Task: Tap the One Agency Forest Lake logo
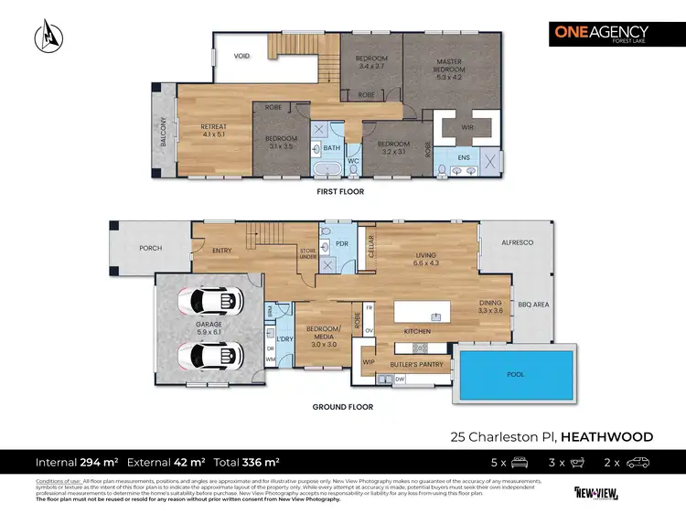click(x=598, y=37)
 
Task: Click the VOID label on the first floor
click(x=241, y=57)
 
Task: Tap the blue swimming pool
click(x=517, y=374)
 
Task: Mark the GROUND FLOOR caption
click(x=342, y=407)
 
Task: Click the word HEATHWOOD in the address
click(x=603, y=436)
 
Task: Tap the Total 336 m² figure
click(x=248, y=463)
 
